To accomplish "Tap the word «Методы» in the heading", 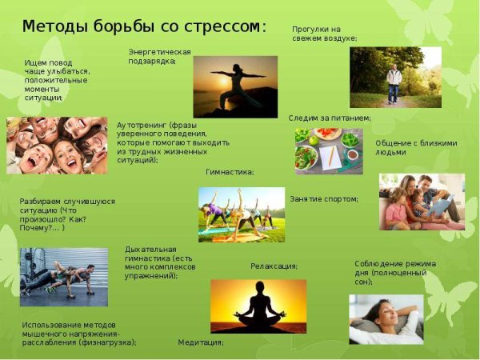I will pos(50,26).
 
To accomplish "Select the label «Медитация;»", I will pos(200,342).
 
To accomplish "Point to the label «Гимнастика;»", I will pos(230,172).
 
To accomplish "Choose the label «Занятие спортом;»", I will pos(324,198).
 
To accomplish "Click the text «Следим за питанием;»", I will pos(330,118).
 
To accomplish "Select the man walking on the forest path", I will pos(394,83).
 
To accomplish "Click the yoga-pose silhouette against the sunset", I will pos(232,84).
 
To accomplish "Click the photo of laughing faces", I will pos(56,146).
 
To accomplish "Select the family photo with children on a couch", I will pos(422,202).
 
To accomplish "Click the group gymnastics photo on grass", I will pos(241,214).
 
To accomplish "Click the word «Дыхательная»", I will pos(150,249).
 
